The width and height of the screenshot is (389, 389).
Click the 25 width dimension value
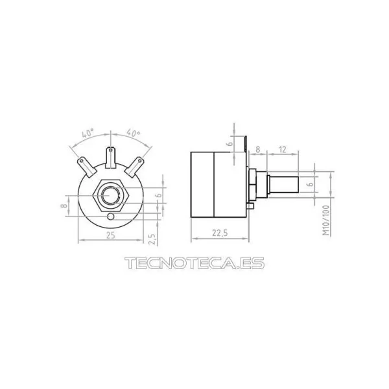point(111,235)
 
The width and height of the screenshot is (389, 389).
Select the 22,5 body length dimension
point(220,233)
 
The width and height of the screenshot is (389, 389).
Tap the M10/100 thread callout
point(327,220)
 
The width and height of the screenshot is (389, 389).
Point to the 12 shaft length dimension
point(283,149)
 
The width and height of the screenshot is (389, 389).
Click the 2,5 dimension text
point(153,239)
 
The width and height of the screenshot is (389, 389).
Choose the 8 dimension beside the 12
point(258,149)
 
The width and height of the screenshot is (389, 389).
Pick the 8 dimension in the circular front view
point(64,206)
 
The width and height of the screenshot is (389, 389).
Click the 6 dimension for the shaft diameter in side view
point(309,184)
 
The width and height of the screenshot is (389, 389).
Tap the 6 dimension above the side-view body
point(230,143)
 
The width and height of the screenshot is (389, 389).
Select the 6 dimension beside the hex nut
point(158,195)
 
